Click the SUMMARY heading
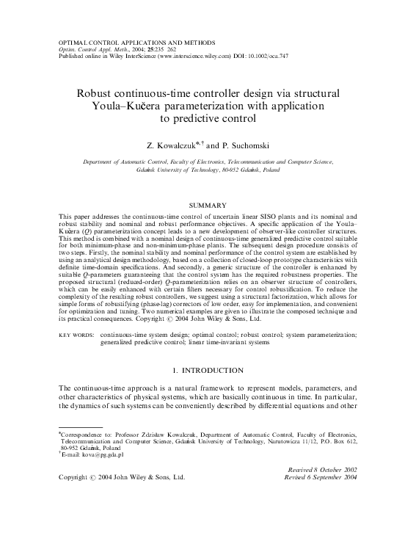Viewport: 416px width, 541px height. tap(208, 206)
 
